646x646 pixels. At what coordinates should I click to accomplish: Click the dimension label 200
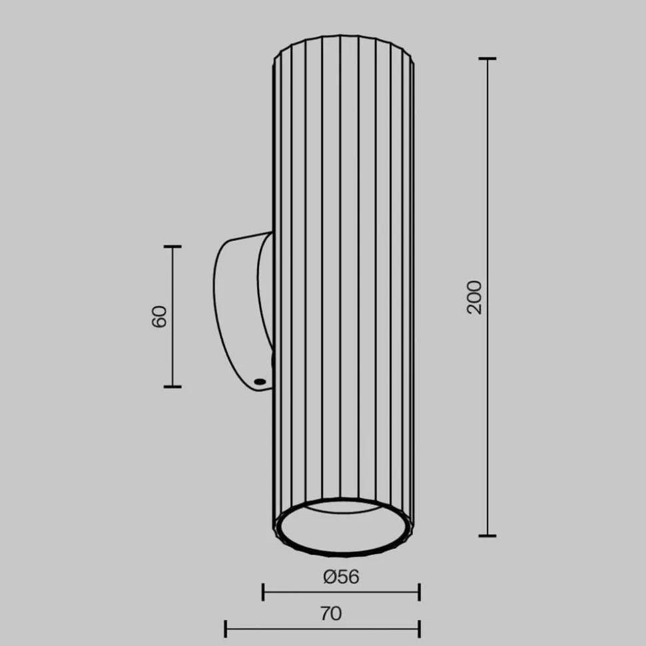click(x=474, y=297)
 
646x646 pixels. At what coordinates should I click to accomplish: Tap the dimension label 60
click(x=159, y=317)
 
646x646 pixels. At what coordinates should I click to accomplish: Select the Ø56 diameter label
click(x=341, y=577)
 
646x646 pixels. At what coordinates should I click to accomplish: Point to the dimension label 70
click(x=330, y=613)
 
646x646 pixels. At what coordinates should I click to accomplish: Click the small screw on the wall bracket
click(x=259, y=381)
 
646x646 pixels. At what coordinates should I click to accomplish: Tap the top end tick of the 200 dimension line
click(x=487, y=59)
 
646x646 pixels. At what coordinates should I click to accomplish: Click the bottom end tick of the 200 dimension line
click(x=487, y=535)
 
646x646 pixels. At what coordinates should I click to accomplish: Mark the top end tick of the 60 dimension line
click(x=172, y=247)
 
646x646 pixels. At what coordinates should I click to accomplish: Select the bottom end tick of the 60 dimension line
click(x=172, y=386)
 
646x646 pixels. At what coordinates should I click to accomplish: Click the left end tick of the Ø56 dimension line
click(x=264, y=591)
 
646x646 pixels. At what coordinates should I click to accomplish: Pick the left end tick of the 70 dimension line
click(x=226, y=628)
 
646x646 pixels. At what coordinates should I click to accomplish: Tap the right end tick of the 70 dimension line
click(x=419, y=628)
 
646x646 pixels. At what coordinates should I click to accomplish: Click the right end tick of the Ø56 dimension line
click(x=419, y=591)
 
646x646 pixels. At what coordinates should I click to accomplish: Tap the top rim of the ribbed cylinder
click(x=343, y=41)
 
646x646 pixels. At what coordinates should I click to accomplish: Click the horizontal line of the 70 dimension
click(x=280, y=628)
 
